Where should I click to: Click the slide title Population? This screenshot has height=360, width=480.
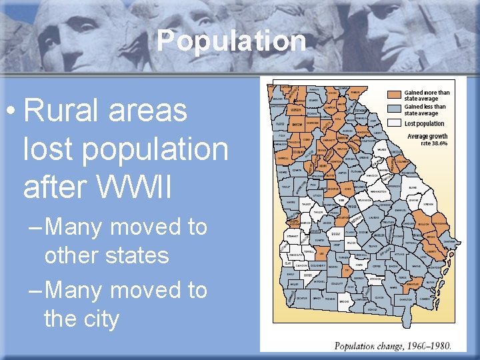[x=231, y=41]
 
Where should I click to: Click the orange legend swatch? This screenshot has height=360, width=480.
[x=396, y=94]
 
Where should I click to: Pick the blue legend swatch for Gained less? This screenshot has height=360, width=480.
[x=396, y=107]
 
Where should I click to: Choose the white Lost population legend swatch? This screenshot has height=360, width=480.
[x=396, y=123]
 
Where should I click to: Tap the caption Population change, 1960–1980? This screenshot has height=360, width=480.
[x=392, y=345]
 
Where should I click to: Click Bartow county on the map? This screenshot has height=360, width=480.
[x=297, y=124]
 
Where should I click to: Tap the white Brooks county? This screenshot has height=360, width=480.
[x=344, y=301]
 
